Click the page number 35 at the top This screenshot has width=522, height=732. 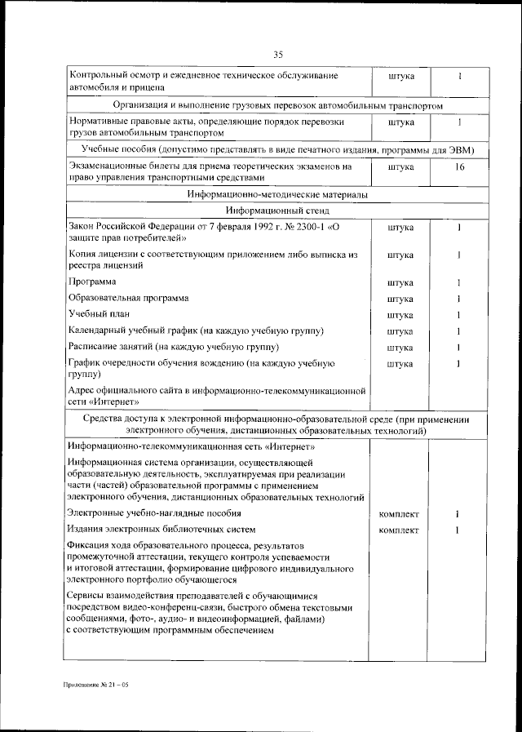point(277,55)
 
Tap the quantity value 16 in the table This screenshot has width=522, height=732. point(459,166)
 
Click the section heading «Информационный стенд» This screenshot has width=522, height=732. point(277,210)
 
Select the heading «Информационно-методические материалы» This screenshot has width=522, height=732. point(277,196)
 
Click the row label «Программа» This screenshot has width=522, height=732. point(92,282)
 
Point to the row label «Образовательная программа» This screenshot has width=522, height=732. point(128,299)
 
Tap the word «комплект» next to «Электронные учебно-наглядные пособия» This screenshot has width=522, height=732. point(400,514)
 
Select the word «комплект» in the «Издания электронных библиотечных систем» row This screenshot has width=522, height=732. point(400,530)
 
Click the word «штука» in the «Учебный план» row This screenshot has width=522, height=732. point(400,315)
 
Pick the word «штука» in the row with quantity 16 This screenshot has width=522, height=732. point(400,166)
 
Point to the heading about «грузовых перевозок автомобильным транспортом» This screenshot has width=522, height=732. point(277,106)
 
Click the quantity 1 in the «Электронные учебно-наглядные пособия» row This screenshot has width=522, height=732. point(459,514)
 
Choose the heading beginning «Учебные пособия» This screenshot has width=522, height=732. point(277,150)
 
